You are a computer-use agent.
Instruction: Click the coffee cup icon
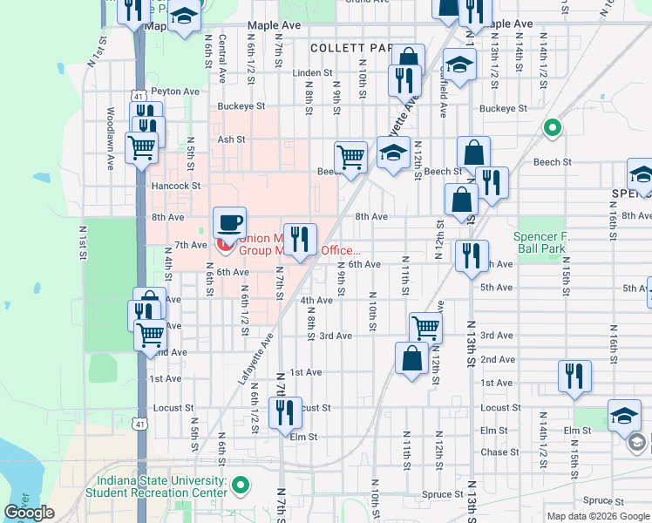click(x=229, y=221)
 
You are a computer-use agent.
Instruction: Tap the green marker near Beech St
click(x=552, y=129)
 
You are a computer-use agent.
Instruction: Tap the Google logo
click(x=29, y=513)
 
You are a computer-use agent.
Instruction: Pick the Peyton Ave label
click(x=174, y=91)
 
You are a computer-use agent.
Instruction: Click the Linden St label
click(x=313, y=73)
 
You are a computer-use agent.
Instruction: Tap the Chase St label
click(x=499, y=452)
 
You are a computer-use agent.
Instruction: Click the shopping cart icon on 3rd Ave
click(x=424, y=328)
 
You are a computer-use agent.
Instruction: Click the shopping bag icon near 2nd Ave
click(x=411, y=357)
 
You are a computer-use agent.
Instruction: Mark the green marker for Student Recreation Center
click(x=245, y=486)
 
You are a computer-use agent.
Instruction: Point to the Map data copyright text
click(x=598, y=516)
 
